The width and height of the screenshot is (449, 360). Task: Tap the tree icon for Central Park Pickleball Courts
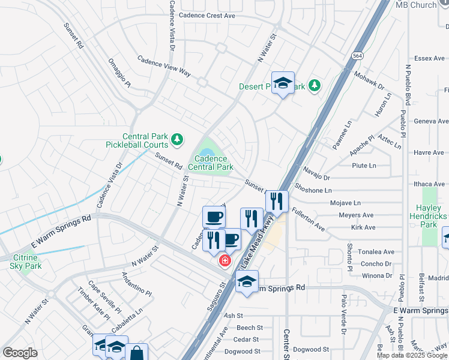tap(176, 140)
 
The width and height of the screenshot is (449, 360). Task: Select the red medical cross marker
tap(224, 260)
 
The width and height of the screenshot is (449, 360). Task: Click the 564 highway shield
tap(358, 56)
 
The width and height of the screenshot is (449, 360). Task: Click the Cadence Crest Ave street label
tap(207, 16)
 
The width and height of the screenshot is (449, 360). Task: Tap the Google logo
tap(20, 353)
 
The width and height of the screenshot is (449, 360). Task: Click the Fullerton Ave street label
tap(309, 220)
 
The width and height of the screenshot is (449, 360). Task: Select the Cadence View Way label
tap(164, 66)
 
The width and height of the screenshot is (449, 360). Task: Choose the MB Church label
tap(416, 5)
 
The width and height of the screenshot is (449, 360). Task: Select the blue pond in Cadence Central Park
tap(206, 145)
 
